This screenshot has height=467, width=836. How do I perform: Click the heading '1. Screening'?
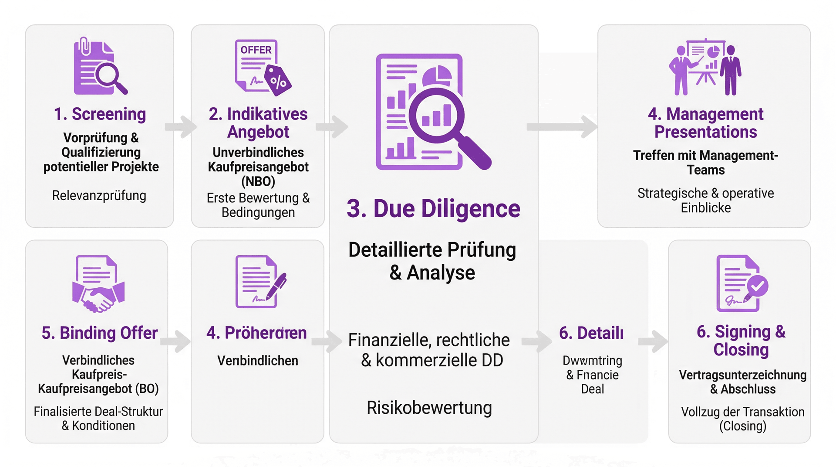pyautogui.click(x=100, y=114)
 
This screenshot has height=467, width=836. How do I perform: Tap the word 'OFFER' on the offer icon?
pyautogui.click(x=256, y=50)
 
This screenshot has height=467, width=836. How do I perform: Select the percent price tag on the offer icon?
pyautogui.click(x=278, y=81)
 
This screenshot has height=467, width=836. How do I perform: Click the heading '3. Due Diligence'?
pyautogui.click(x=433, y=208)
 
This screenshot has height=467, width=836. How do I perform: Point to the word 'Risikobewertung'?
pyautogui.click(x=429, y=408)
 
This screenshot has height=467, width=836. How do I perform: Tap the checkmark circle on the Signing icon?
pyautogui.click(x=758, y=286)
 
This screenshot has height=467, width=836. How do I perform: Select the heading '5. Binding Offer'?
pyautogui.click(x=99, y=333)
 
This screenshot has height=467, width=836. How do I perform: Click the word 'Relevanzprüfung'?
pyautogui.click(x=99, y=195)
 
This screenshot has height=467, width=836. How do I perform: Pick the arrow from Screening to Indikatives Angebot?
pyautogui.click(x=181, y=126)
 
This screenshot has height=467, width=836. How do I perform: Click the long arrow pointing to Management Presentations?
pyautogui.click(x=562, y=126)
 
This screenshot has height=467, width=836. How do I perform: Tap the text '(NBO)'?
pyautogui.click(x=258, y=181)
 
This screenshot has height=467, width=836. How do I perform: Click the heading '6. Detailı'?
pyautogui.click(x=591, y=333)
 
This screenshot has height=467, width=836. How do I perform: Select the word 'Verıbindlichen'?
pyautogui.click(x=258, y=361)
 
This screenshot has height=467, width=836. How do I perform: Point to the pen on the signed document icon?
pyautogui.click(x=276, y=286)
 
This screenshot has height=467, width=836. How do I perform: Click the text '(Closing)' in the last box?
pyautogui.click(x=742, y=426)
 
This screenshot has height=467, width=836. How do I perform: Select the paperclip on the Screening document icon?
pyautogui.click(x=84, y=46)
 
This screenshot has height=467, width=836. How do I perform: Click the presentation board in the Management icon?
pyautogui.click(x=705, y=55)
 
